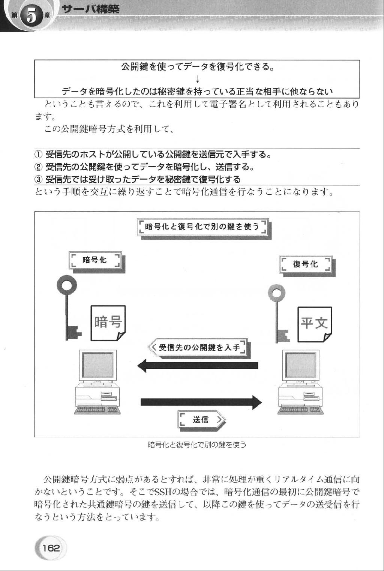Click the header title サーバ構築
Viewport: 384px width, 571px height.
tap(90, 9)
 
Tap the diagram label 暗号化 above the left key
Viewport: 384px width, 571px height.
tap(94, 260)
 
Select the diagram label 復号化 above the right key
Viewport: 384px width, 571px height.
tap(305, 264)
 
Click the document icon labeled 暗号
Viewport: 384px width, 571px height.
tap(108, 323)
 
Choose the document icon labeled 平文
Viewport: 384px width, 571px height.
tap(315, 324)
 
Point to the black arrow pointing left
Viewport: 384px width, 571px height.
tap(198, 365)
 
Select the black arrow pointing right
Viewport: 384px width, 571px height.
tap(201, 402)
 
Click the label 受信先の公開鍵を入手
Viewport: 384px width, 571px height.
tap(199, 347)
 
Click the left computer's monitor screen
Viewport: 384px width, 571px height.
tap(98, 365)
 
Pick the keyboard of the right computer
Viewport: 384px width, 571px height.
tap(300, 410)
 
